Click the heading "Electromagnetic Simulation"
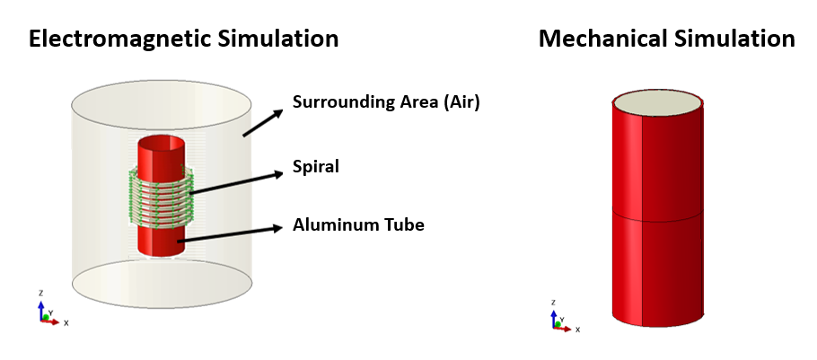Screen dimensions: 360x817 [x=183, y=40]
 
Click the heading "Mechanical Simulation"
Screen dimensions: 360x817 [x=666, y=40]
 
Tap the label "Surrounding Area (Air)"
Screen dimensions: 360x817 [x=386, y=102]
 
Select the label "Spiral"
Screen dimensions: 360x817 [x=315, y=166]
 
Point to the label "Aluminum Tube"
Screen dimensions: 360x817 [x=358, y=224]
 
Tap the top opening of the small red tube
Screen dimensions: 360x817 [x=162, y=144]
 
